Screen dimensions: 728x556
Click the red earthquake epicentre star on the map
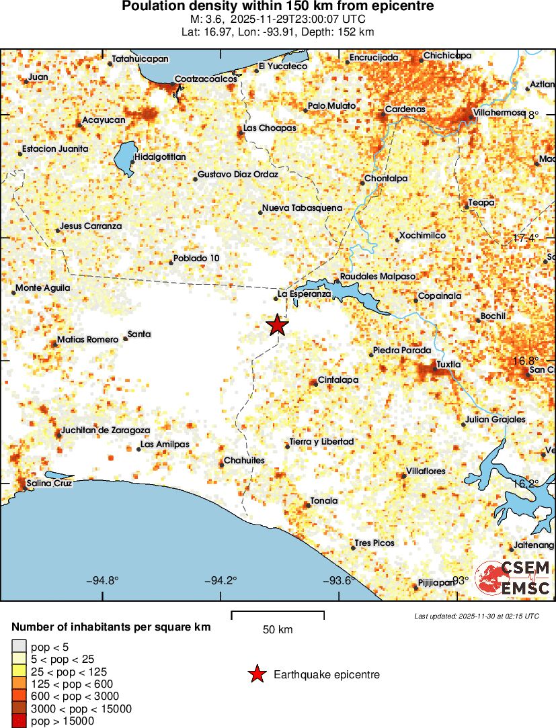tap(277, 325)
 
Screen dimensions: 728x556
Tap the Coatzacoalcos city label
tap(206, 79)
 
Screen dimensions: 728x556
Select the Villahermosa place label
tap(499, 112)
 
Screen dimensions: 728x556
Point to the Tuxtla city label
tap(448, 365)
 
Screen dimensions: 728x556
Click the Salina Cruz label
tap(48, 484)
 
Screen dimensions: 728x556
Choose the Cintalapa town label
tap(337, 380)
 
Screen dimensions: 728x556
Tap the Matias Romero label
tap(87, 340)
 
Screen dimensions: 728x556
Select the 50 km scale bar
tap(278, 615)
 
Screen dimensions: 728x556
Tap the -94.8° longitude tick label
tap(103, 580)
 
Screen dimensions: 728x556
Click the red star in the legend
tap(256, 674)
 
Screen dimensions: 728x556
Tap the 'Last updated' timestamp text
tap(477, 616)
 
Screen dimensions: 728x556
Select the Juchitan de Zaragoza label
tap(106, 430)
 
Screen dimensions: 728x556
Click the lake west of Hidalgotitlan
tap(123, 157)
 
